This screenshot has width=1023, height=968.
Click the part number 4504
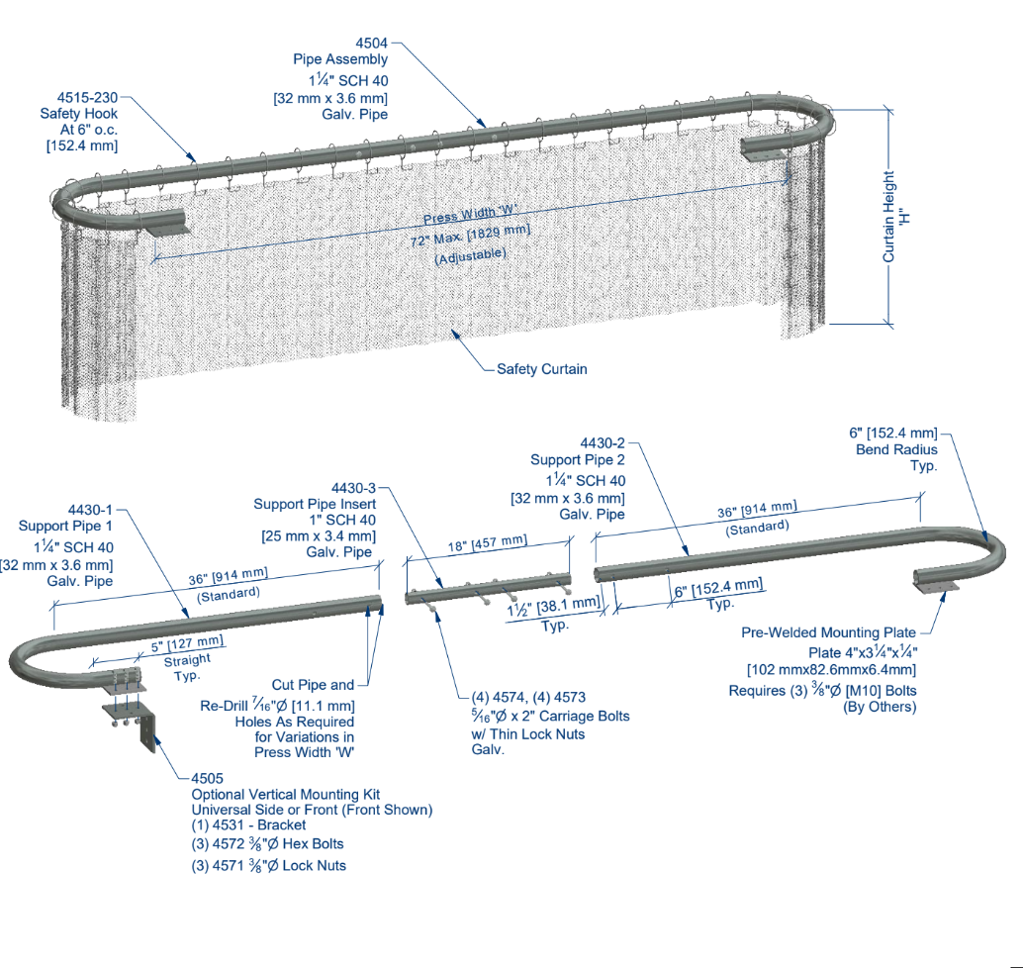(x=371, y=44)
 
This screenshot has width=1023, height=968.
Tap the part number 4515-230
(x=87, y=98)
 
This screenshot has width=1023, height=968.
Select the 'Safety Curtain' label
(x=541, y=369)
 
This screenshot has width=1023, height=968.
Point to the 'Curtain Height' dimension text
(x=888, y=217)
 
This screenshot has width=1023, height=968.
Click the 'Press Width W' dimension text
(x=470, y=214)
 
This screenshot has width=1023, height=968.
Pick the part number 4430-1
(x=90, y=510)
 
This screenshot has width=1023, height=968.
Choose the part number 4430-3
(x=353, y=488)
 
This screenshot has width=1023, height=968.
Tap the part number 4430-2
(x=603, y=443)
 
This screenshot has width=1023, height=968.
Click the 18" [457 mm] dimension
(x=487, y=543)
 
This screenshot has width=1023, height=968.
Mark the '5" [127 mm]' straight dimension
(x=187, y=644)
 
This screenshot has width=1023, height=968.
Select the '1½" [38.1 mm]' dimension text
(x=553, y=607)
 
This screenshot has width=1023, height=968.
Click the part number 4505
(x=208, y=779)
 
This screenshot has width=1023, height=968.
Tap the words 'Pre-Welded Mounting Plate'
(x=828, y=632)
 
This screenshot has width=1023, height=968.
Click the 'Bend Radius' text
(x=896, y=449)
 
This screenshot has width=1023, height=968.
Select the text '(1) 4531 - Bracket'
(x=248, y=825)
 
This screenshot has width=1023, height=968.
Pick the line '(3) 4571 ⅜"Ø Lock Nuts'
(x=269, y=865)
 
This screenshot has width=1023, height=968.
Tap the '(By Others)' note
(x=880, y=707)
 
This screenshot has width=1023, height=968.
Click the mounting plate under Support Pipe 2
(x=936, y=588)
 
